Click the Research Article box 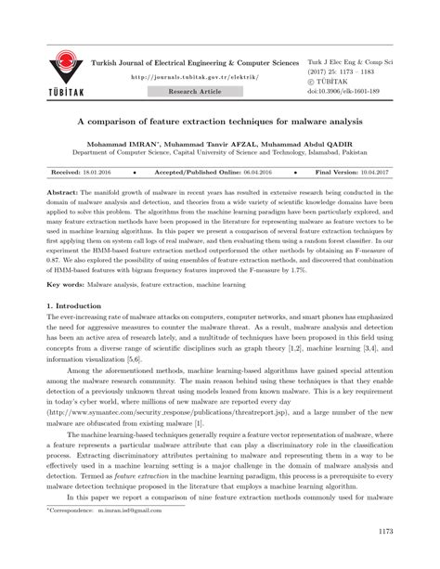pyautogui.click(x=194, y=93)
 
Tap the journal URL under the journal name pyautogui.click(x=194, y=78)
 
